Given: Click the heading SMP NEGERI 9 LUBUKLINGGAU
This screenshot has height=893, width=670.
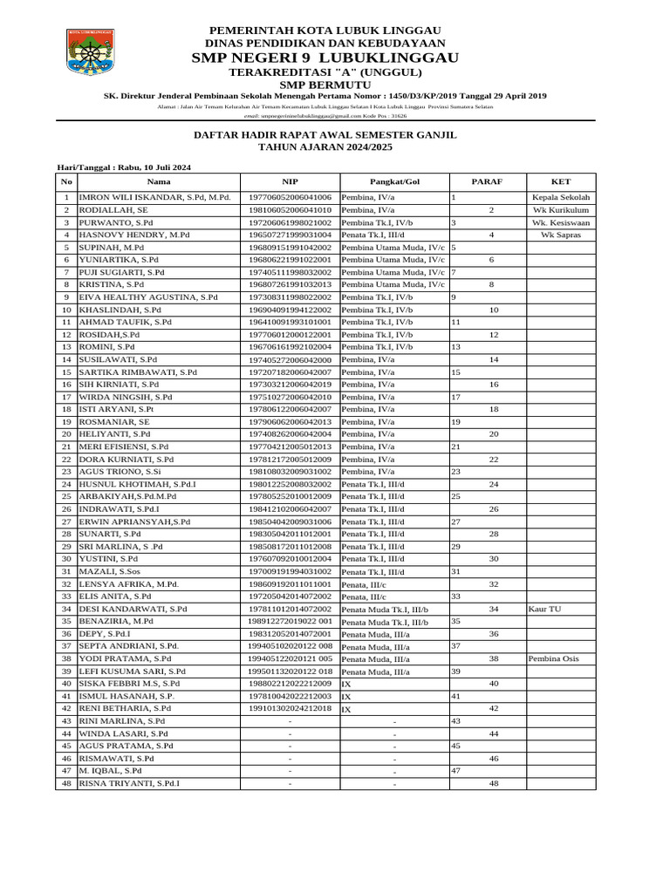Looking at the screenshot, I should point(325,58).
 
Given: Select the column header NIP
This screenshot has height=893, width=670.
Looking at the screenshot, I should point(290,181).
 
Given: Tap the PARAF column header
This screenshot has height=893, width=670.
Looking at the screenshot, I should point(487,181).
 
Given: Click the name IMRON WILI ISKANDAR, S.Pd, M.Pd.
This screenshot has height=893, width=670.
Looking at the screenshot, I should point(155,198).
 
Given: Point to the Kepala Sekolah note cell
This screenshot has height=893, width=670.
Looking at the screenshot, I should point(561,198).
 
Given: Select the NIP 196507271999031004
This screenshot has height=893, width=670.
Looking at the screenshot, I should point(290,235).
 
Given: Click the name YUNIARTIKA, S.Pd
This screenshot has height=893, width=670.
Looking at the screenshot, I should point(119,260).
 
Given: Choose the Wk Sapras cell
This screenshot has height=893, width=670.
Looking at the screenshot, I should point(561,235).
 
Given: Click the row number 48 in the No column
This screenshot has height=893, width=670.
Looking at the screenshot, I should point(66,783).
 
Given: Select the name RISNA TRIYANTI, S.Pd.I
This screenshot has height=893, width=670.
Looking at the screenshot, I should point(130,783).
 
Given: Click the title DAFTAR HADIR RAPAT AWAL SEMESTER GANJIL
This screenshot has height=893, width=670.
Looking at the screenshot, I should point(325,136).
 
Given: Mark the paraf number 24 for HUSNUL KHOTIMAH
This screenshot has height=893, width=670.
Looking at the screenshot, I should point(493,484).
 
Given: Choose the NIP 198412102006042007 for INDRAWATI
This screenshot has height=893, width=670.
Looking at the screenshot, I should point(290,508).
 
